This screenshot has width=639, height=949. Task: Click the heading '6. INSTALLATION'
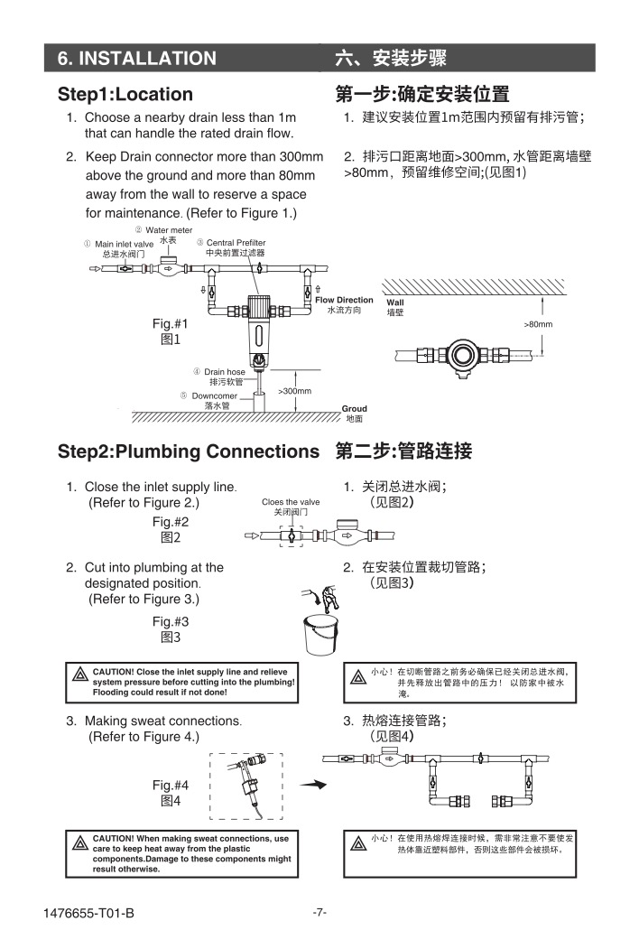137,59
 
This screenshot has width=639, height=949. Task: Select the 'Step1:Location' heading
125,95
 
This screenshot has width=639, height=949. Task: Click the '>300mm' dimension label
294,391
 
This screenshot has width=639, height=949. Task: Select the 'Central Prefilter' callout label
236,243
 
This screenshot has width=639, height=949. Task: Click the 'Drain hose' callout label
224,372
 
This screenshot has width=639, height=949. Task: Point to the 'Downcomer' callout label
214,395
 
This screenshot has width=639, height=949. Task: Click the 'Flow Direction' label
344,300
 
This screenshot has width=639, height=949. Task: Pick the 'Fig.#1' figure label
170,323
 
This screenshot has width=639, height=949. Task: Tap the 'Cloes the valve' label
291,502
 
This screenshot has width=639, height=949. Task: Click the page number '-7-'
319,912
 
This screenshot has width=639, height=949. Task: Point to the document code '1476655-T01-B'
88,913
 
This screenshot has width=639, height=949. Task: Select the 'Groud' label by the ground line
354,409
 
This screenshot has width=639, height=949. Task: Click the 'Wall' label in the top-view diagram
395,302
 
